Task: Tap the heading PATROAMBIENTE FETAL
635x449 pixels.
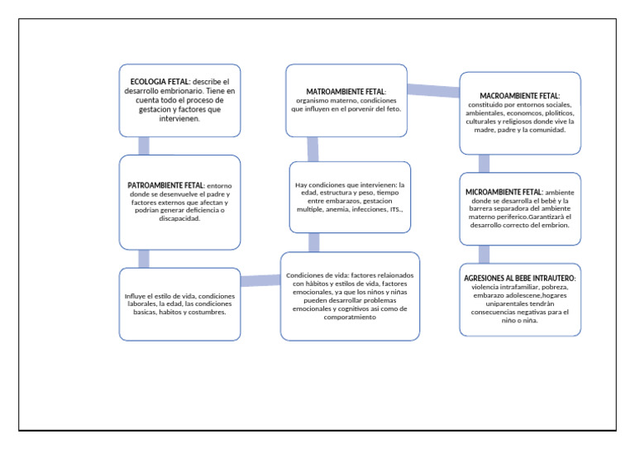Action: [x=165, y=186]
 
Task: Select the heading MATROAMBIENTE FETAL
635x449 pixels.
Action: [x=346, y=90]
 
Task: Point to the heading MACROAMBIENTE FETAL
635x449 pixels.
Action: [x=519, y=97]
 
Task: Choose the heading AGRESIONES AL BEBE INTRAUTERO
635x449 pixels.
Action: [x=519, y=278]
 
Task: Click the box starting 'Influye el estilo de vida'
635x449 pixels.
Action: [x=180, y=303]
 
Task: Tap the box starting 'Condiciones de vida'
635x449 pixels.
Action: [x=349, y=295]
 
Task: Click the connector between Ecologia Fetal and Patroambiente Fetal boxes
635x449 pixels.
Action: [x=145, y=146]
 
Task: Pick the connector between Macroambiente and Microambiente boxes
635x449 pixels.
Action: [x=485, y=163]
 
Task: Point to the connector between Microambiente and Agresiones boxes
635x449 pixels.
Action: [x=485, y=253]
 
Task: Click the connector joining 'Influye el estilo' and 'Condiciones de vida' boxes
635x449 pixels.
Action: [x=261, y=282]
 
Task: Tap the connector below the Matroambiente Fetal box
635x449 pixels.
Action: [x=313, y=149]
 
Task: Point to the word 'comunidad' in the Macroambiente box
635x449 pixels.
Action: [x=543, y=130]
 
